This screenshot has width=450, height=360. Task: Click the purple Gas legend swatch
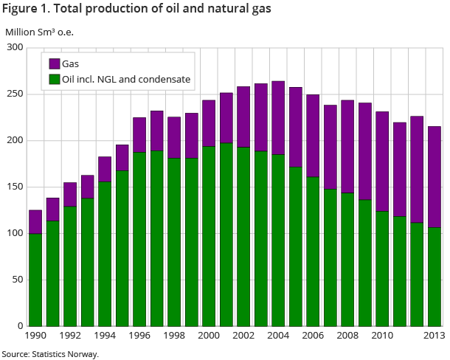[55, 63]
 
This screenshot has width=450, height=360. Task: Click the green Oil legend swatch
[55, 79]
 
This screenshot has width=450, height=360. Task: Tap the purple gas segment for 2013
[434, 177]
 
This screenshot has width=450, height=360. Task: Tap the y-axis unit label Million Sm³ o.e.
[40, 32]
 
